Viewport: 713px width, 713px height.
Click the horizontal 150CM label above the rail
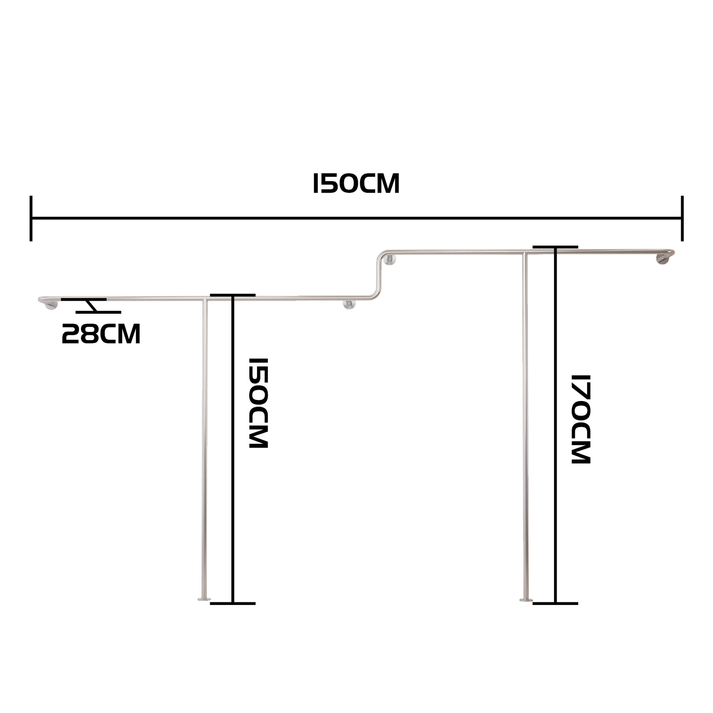click(356, 183)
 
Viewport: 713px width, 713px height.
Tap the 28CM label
click(101, 334)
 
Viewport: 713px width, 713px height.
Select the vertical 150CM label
click(258, 403)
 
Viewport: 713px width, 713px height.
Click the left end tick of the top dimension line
click(31, 218)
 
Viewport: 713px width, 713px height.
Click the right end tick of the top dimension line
click(682, 218)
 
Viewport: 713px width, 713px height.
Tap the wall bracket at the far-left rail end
click(51, 305)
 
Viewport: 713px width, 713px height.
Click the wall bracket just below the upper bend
click(390, 260)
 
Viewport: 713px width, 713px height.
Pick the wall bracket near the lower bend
click(349, 305)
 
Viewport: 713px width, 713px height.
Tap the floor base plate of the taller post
click(525, 610)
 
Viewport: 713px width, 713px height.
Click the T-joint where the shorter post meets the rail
click(205, 299)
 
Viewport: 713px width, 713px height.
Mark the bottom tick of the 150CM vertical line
click(233, 614)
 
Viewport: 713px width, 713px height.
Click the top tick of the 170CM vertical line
click(555, 247)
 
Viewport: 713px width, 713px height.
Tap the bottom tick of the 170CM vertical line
click(555, 614)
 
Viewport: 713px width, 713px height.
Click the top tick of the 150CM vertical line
click(233, 295)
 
